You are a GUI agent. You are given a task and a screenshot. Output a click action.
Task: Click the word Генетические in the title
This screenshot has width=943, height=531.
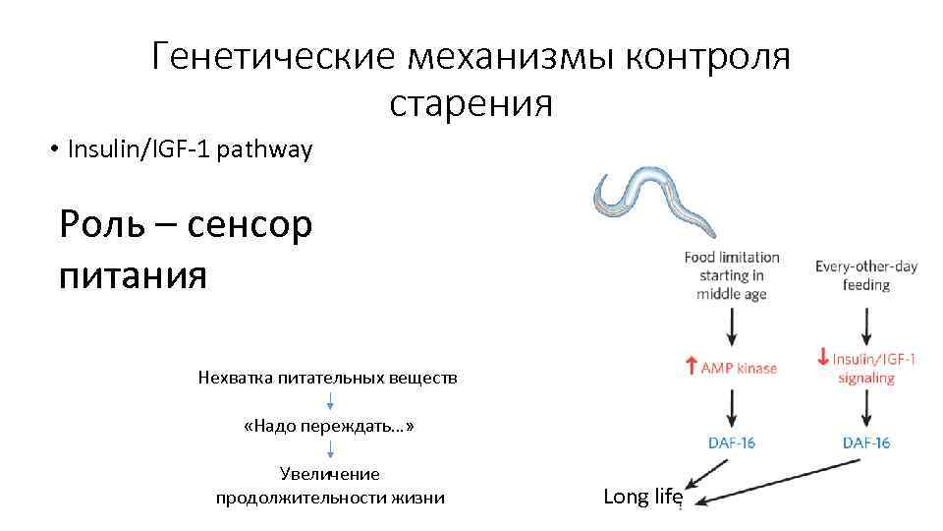(274, 58)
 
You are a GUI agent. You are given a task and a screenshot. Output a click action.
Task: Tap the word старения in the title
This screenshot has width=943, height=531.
(471, 102)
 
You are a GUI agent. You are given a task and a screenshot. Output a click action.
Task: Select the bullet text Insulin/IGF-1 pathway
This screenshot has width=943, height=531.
(190, 149)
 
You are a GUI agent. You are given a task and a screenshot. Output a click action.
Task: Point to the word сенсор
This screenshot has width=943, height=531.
(249, 225)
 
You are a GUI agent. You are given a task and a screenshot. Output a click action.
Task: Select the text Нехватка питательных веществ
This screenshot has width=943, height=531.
(328, 378)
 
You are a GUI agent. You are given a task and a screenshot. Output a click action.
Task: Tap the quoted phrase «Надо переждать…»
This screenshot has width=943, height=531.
(329, 427)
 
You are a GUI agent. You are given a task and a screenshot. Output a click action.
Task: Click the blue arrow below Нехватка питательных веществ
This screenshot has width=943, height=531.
(330, 401)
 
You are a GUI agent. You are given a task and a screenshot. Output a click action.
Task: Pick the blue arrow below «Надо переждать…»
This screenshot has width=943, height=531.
(330, 449)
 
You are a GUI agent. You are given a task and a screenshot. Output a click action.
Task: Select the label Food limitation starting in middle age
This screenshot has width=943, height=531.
(732, 275)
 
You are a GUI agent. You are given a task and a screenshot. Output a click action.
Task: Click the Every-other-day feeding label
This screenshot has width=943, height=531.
(865, 275)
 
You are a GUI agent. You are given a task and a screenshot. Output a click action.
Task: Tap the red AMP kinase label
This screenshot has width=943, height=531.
(738, 369)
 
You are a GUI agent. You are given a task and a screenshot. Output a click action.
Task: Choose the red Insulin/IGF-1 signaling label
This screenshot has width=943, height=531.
(872, 369)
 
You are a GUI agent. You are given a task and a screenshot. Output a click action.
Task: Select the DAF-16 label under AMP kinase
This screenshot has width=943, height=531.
(732, 442)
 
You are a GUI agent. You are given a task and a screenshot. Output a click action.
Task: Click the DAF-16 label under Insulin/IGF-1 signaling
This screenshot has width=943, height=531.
(866, 442)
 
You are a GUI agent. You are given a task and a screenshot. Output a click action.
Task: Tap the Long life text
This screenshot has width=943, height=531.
(642, 497)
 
